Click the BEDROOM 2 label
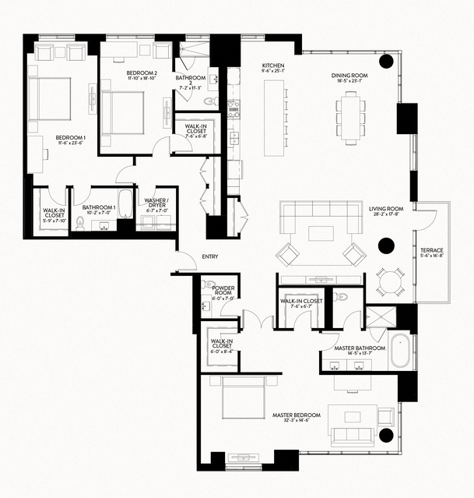click(x=142, y=76)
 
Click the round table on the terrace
click(x=388, y=279)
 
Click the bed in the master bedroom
click(x=243, y=399)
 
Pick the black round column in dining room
click(x=385, y=62)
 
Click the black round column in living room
click(x=385, y=247)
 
